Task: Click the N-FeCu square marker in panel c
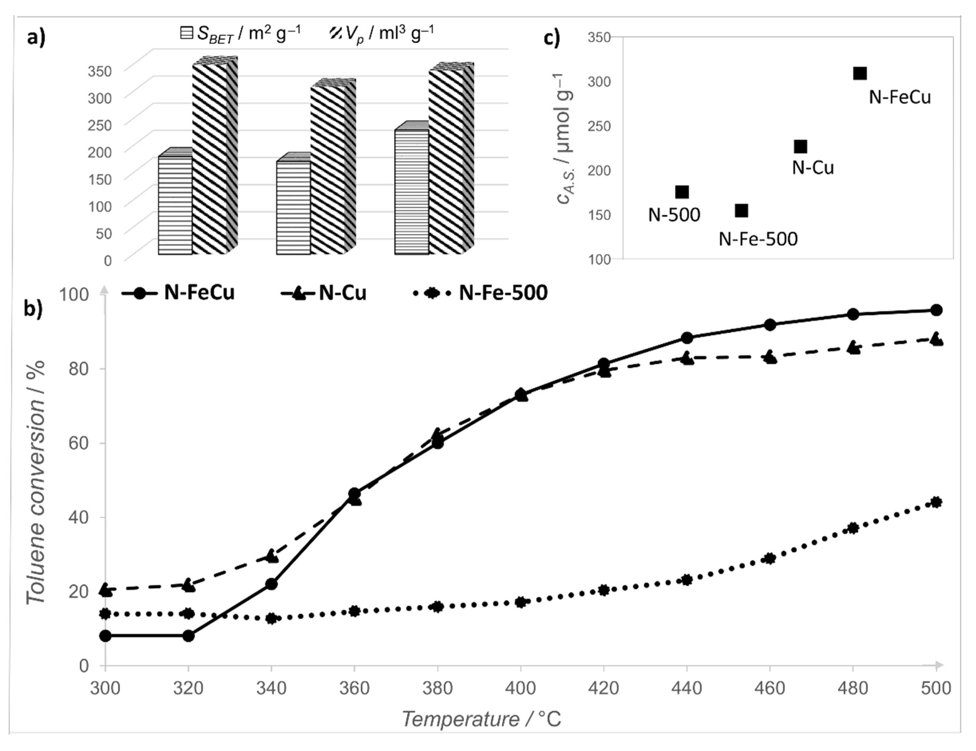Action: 859,73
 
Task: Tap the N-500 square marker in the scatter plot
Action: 682,192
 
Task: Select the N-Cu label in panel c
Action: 813,168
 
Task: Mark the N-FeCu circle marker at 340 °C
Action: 271,584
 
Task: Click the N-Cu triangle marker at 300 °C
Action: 105,590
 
